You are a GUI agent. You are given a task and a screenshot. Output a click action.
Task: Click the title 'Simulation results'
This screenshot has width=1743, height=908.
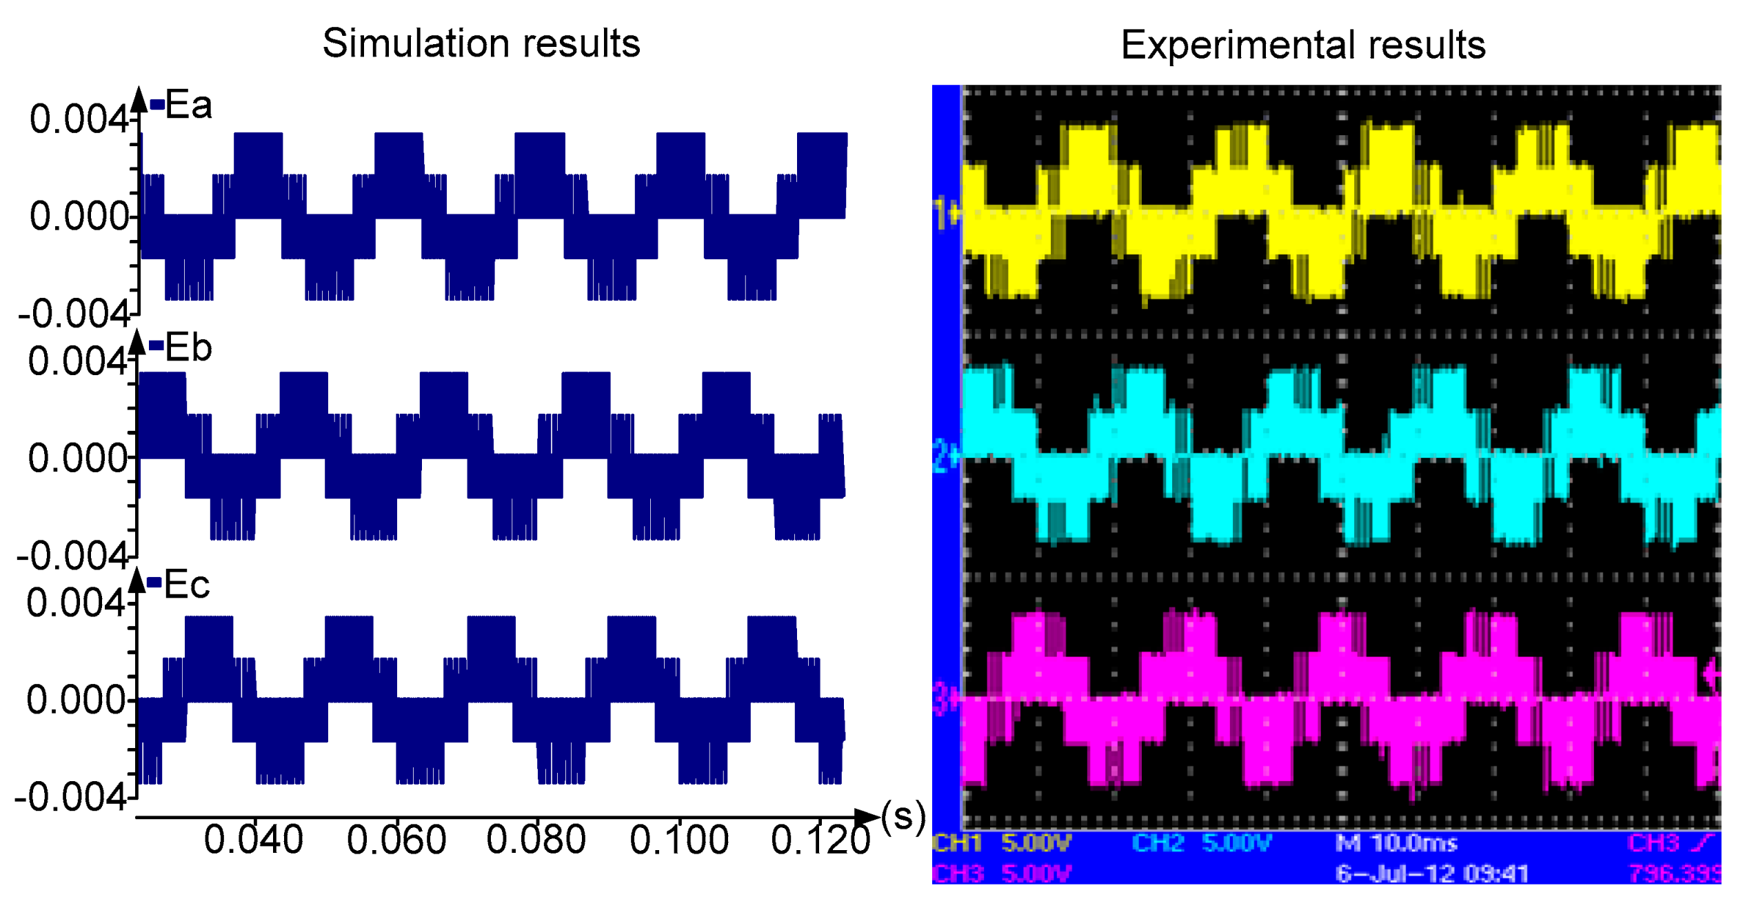[481, 43]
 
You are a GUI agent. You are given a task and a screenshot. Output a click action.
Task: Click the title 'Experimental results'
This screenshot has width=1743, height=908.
[1302, 46]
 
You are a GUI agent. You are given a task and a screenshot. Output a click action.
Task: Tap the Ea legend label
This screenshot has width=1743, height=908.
[188, 105]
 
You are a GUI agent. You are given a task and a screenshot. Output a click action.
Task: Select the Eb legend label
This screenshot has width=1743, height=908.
[188, 347]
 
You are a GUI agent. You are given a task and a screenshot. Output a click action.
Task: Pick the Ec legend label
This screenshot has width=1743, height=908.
[186, 585]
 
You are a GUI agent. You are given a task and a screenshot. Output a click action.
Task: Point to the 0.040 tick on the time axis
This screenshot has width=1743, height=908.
[254, 840]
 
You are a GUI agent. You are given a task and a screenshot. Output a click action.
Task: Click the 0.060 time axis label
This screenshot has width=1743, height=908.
[396, 840]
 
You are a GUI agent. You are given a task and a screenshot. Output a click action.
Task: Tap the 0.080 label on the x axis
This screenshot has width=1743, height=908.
[536, 840]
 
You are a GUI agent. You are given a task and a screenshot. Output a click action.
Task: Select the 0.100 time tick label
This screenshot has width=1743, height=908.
[679, 840]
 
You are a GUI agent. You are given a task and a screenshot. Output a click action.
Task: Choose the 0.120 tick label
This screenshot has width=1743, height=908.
[820, 840]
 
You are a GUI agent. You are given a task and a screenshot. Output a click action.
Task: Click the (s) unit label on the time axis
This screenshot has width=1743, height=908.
[903, 817]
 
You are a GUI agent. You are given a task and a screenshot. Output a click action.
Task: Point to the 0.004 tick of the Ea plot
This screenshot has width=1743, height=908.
[79, 119]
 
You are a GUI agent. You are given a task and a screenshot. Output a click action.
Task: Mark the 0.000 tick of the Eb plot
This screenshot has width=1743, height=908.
[77, 458]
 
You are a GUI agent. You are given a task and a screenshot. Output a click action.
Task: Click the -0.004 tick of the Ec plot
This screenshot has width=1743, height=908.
[70, 798]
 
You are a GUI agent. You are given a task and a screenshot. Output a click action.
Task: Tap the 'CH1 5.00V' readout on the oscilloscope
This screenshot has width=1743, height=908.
[1002, 843]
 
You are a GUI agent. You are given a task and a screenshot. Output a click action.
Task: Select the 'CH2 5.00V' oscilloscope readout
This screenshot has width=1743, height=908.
[1201, 843]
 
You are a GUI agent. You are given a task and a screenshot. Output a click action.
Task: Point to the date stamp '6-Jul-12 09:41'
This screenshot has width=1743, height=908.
[1432, 874]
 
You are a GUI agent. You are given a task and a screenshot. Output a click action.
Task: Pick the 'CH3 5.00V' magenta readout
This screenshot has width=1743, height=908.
[1002, 874]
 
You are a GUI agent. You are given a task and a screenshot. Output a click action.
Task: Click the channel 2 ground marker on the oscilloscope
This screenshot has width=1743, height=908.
[945, 456]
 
